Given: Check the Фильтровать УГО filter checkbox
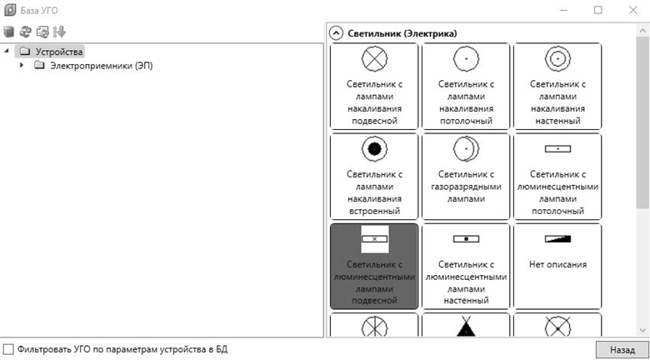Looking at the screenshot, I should pyautogui.click(x=8, y=348).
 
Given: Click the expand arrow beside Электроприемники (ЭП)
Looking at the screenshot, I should pyautogui.click(x=22, y=66).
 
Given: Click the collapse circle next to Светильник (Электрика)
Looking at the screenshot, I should pyautogui.click(x=336, y=33).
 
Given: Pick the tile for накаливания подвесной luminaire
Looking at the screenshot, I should pyautogui.click(x=373, y=87).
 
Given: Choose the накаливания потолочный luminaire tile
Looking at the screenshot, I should pyautogui.click(x=465, y=87).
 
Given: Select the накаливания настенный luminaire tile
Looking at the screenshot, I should pyautogui.click(x=556, y=87).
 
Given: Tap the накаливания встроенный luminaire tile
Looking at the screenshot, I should pyautogui.click(x=373, y=176).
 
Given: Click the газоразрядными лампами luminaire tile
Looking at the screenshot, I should pyautogui.click(x=465, y=176).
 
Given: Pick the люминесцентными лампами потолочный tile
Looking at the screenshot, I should pyautogui.click(x=556, y=176).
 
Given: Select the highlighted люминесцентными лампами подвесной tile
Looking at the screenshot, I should pyautogui.click(x=373, y=265).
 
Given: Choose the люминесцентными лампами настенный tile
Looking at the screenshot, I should pyautogui.click(x=465, y=265).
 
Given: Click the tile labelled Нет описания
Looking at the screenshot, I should pyautogui.click(x=556, y=265).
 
